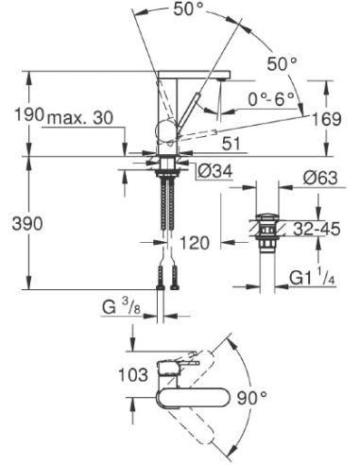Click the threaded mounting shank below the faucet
168,208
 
